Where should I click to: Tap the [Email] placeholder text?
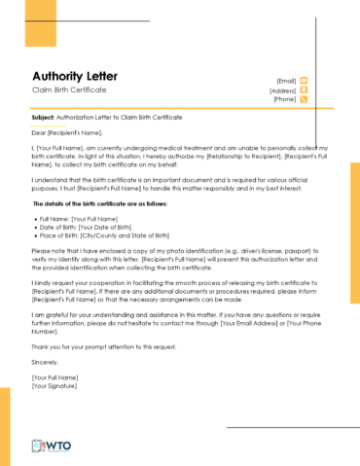[286, 81]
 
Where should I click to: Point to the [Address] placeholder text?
[282, 90]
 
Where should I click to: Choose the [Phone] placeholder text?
[284, 99]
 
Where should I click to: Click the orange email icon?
[304, 81]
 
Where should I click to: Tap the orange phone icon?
[304, 99]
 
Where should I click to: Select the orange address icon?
[304, 90]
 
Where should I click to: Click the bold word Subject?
[43, 118]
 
